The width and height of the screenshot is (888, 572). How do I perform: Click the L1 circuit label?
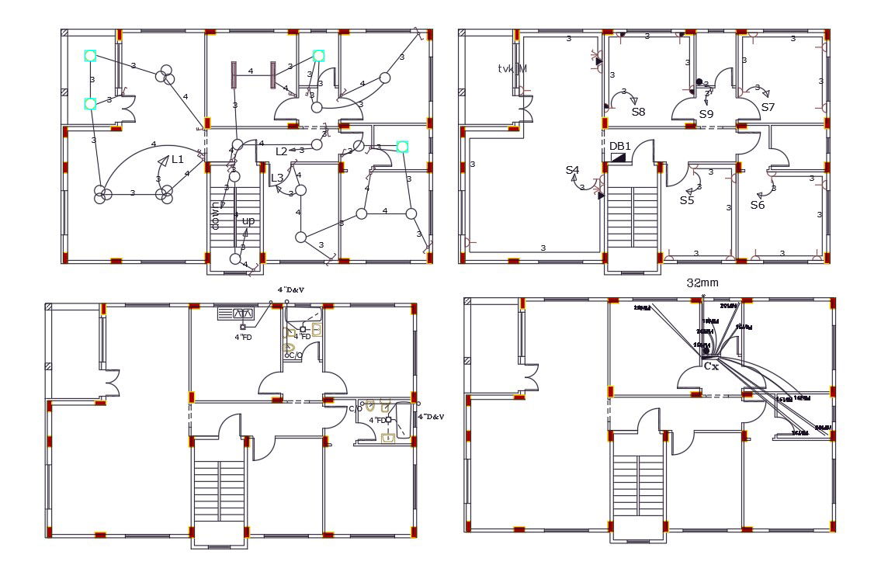[x=178, y=159]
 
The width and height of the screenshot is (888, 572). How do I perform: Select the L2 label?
[x=282, y=151]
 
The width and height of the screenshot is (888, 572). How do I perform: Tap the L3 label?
[x=277, y=178]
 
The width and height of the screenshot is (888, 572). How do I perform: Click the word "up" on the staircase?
[x=248, y=220]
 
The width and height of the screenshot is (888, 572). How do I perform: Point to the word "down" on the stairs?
[x=216, y=211]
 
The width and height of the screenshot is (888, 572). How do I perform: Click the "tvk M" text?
[x=512, y=69]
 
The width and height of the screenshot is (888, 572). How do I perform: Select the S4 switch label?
[x=572, y=170]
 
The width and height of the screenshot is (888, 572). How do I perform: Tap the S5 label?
[x=687, y=200]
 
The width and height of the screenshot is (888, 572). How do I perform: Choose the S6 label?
[x=758, y=205]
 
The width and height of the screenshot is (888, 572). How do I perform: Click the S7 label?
[x=768, y=107]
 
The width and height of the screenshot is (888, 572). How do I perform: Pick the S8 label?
[x=638, y=112]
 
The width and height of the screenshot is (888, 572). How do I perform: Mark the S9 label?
[x=706, y=114]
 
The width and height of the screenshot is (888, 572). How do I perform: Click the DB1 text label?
[x=620, y=146]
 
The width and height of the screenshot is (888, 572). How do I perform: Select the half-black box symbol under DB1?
[x=619, y=158]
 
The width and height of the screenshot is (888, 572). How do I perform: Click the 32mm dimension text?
[x=702, y=283]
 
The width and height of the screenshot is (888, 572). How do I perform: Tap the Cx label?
[x=711, y=366]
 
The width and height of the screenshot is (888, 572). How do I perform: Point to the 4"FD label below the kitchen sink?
[x=243, y=337]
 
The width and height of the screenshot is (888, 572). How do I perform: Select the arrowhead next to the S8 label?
[x=633, y=100]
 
